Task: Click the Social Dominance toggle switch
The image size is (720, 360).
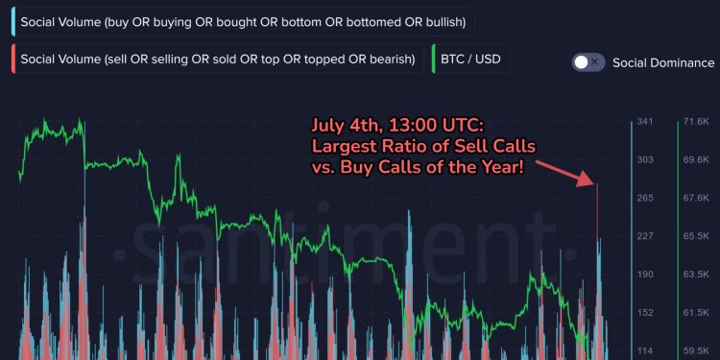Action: (x=588, y=61)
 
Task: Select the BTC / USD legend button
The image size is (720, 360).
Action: (x=468, y=60)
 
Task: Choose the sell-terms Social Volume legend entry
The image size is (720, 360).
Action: (x=216, y=60)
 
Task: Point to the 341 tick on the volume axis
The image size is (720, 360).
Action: (x=645, y=122)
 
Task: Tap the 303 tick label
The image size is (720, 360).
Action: (x=645, y=160)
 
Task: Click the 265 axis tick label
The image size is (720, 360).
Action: (x=645, y=198)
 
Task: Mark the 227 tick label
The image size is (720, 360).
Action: (x=645, y=236)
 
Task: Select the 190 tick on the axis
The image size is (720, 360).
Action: (x=645, y=275)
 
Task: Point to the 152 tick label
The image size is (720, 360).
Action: (x=645, y=312)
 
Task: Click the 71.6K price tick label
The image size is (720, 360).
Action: (x=695, y=122)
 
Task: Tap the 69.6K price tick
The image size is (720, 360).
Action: (x=695, y=160)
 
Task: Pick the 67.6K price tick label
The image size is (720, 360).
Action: (x=695, y=198)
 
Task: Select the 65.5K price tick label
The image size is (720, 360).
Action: (x=695, y=236)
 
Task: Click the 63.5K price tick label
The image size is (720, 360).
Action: (x=695, y=275)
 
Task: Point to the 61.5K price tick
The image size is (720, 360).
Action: (x=695, y=312)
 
